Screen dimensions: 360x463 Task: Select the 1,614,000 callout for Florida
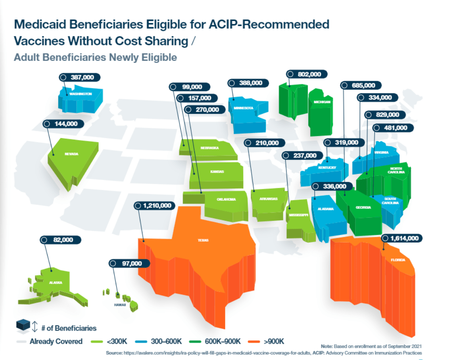click(402, 238)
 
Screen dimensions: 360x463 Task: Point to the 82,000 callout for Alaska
click(60, 240)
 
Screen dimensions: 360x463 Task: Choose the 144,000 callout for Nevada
click(63, 124)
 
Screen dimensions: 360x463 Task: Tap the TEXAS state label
click(203, 240)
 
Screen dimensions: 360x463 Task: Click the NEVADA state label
click(71, 154)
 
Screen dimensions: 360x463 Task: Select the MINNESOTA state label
click(243, 108)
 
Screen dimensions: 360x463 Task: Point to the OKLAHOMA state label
click(226, 199)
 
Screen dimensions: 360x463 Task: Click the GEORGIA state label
click(363, 207)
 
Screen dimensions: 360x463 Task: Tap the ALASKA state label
click(56, 283)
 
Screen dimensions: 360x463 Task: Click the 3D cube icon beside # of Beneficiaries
click(23, 325)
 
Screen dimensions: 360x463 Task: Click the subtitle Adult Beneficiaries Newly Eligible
click(95, 57)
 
